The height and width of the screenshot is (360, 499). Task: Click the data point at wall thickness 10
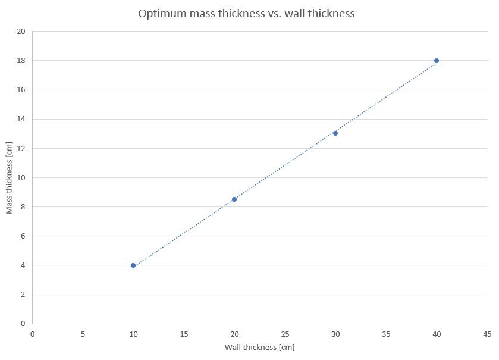(x=133, y=265)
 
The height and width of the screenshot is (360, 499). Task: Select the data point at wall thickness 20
(x=234, y=199)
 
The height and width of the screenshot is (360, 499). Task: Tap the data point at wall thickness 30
(x=335, y=133)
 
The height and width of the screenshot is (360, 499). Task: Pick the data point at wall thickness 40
(x=437, y=61)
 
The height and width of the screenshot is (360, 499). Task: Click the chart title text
(x=246, y=13)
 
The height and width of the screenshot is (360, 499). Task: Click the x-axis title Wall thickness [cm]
(x=259, y=347)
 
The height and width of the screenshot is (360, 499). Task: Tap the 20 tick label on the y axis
(x=21, y=32)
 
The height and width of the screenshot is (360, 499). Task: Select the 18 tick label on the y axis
(x=21, y=61)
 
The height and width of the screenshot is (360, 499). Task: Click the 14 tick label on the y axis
(x=21, y=119)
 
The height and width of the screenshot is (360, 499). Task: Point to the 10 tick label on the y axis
(x=21, y=177)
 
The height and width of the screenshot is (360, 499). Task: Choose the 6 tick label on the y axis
(x=23, y=236)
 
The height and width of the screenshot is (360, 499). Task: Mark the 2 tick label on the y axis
(x=23, y=295)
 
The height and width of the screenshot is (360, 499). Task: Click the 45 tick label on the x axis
(x=487, y=334)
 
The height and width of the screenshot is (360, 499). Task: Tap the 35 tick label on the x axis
(x=386, y=334)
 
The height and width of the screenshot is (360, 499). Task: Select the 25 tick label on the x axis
(x=285, y=334)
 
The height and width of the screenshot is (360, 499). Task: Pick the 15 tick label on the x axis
(x=184, y=334)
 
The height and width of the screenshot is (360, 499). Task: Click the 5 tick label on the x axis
(x=83, y=334)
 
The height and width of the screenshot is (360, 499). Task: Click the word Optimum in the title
(x=161, y=13)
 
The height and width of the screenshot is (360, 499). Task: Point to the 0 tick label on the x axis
(x=32, y=334)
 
